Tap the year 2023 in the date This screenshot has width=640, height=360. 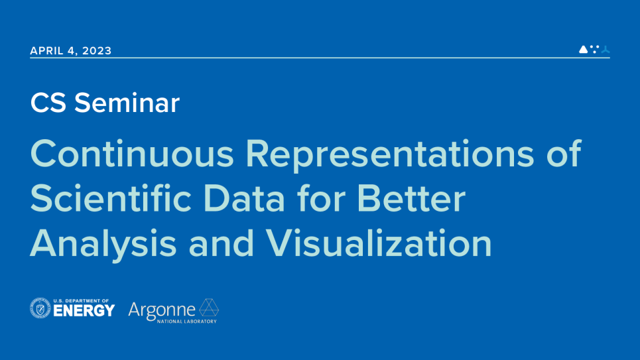(97, 50)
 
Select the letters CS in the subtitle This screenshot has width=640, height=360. (48, 103)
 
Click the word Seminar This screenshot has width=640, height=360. (127, 103)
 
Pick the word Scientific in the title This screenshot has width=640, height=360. (111, 198)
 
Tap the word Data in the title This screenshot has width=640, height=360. (244, 198)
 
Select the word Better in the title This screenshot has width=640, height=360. (411, 198)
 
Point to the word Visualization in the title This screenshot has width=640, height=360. (379, 243)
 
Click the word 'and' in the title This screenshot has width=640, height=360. (222, 243)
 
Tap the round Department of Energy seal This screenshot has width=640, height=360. (40, 308)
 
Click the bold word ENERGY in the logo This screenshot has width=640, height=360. (84, 311)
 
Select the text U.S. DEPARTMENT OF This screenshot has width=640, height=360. (81, 301)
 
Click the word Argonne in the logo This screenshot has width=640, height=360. (162, 311)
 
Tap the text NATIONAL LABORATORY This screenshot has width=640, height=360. (187, 322)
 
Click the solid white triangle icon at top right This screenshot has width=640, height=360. (583, 49)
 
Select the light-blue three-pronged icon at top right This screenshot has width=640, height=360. (606, 49)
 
